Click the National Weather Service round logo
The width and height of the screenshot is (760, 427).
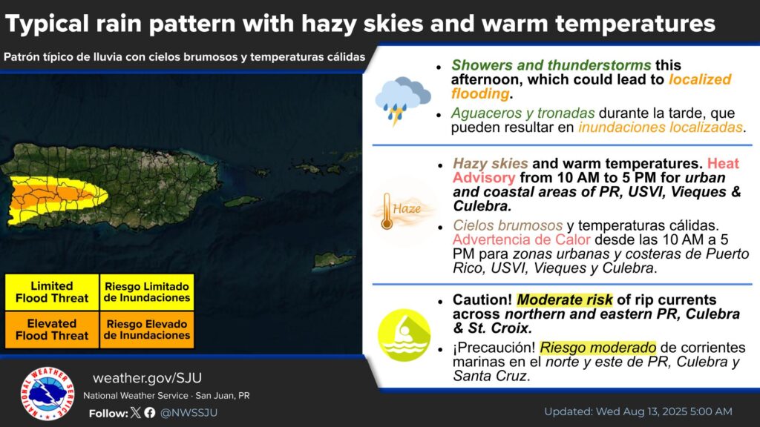[x=47, y=393]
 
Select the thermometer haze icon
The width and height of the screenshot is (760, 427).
[x=402, y=211]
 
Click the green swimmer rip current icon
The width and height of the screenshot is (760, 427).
[x=404, y=335]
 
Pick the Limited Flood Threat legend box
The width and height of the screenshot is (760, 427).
[x=52, y=292]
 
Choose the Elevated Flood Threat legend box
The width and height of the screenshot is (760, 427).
[x=52, y=330]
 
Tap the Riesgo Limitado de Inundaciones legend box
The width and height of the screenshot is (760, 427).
[x=147, y=292]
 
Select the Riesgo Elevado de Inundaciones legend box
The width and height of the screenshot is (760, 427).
[x=147, y=330]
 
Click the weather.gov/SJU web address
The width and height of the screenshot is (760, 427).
[x=148, y=377]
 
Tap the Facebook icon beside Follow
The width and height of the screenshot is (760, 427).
[x=150, y=412]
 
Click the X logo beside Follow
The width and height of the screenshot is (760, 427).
[x=136, y=412]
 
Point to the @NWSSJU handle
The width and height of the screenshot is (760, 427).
[x=189, y=412]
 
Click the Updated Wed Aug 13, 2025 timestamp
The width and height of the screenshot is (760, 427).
[x=638, y=411]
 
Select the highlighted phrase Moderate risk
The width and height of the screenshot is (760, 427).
[x=565, y=299]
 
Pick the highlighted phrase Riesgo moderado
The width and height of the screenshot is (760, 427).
[x=597, y=347]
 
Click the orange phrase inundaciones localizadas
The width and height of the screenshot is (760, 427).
[x=661, y=127]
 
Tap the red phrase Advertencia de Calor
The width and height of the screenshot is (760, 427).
[x=522, y=239]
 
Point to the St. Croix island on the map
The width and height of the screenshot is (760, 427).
[x=335, y=260]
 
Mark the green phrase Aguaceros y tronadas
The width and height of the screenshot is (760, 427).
[x=523, y=113]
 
